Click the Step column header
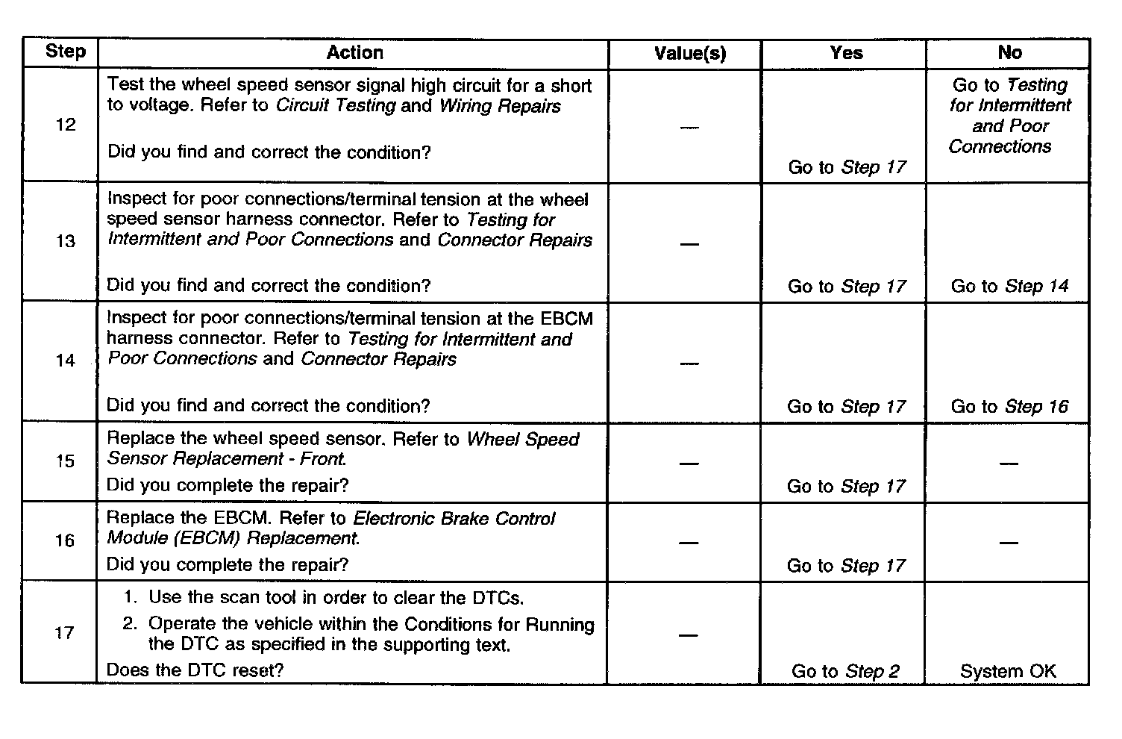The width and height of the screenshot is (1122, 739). coord(66,52)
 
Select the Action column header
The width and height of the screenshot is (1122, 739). coord(355,53)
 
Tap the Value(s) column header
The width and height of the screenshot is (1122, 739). coord(689,53)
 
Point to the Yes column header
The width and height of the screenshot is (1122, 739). coord(846,53)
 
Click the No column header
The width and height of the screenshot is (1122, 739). coord(1009,53)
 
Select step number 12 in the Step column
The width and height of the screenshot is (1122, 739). coord(66,125)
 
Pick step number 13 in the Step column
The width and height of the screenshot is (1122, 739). coord(66,241)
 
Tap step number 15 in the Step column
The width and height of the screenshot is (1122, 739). coord(66,461)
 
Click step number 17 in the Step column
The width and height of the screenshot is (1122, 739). coord(66,633)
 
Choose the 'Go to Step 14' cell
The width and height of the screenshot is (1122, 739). coord(1009,286)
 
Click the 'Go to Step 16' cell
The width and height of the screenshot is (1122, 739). coord(1009,407)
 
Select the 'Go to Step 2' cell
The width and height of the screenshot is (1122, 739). coord(846,671)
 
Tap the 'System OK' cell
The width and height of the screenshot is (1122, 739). coord(1008,671)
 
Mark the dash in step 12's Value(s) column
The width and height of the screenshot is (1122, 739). coord(690,128)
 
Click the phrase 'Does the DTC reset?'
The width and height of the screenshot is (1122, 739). coord(195,670)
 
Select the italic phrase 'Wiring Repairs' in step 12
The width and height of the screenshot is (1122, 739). coord(500,106)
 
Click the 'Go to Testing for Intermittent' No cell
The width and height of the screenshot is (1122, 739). coord(1009,116)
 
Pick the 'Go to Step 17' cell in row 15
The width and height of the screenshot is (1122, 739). coord(846,487)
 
